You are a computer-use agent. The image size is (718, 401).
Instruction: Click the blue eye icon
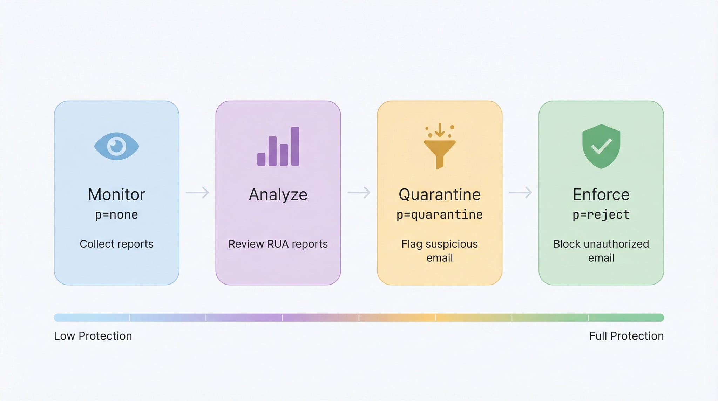(x=116, y=146)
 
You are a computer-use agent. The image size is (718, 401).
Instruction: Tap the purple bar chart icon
(x=278, y=147)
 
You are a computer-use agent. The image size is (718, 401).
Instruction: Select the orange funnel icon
(x=439, y=147)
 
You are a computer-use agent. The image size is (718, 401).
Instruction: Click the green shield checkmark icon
(x=601, y=146)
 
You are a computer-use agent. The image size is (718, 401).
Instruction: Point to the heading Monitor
(x=116, y=194)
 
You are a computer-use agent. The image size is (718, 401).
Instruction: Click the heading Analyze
(x=278, y=195)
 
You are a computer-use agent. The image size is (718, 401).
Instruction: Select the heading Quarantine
(x=440, y=195)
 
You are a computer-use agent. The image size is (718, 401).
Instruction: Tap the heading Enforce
(x=601, y=194)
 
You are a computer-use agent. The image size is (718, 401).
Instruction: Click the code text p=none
(x=116, y=215)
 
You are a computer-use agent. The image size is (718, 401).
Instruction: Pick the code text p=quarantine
(x=440, y=215)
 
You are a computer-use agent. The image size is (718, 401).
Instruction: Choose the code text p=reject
(x=601, y=215)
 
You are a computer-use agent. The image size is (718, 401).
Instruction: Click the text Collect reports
(x=116, y=244)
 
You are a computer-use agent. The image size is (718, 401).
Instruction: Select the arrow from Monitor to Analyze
(x=197, y=192)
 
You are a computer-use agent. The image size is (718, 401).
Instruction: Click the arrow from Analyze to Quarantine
(x=359, y=192)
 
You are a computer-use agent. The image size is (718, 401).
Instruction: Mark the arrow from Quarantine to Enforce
(x=521, y=192)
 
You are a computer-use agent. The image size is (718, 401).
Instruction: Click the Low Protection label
(x=93, y=336)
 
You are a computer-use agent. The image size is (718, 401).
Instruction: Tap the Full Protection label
(x=626, y=336)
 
